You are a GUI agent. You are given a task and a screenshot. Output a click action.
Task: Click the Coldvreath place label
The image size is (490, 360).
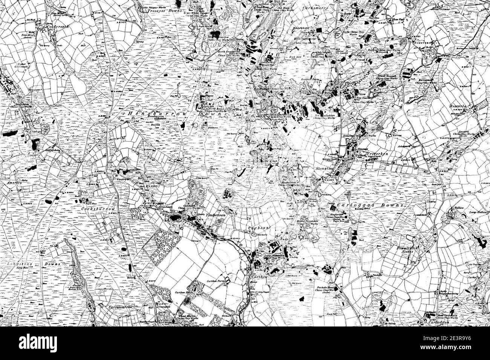tap(48, 27)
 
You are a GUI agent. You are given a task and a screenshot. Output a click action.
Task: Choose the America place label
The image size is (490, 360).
tap(14, 182)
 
